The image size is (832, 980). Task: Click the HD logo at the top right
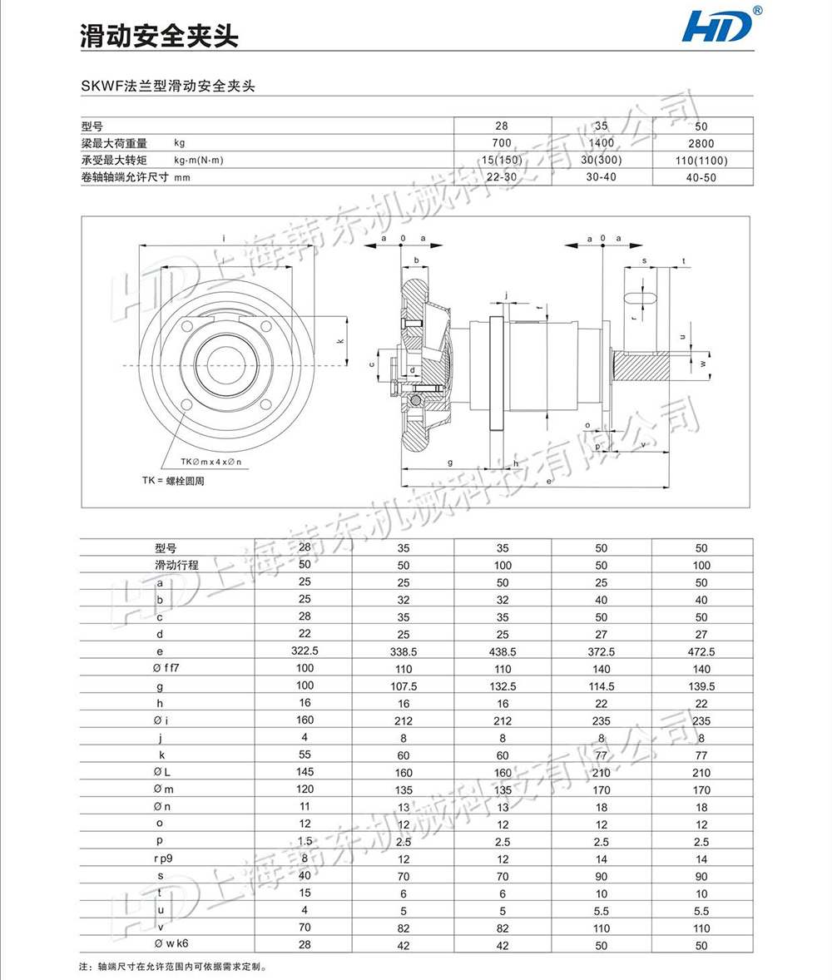click(x=717, y=27)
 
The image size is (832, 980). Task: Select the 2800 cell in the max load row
click(x=701, y=143)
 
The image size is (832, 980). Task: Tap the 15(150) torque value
click(x=501, y=160)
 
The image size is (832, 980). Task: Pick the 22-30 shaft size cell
click(x=501, y=176)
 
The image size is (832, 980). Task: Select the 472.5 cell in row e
click(x=701, y=651)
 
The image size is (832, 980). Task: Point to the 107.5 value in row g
click(x=403, y=686)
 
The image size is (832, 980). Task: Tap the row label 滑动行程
click(x=176, y=565)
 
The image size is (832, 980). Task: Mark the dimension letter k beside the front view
click(x=339, y=342)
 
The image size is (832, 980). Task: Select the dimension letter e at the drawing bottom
click(x=549, y=482)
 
